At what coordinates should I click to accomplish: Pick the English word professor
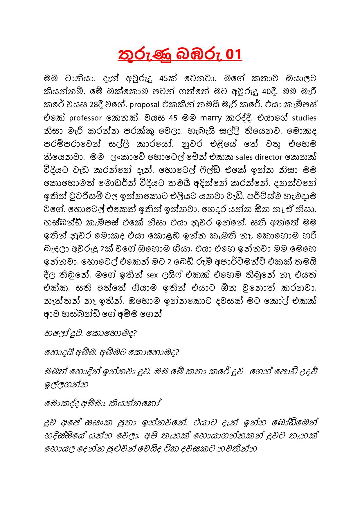tap(86, 118)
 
